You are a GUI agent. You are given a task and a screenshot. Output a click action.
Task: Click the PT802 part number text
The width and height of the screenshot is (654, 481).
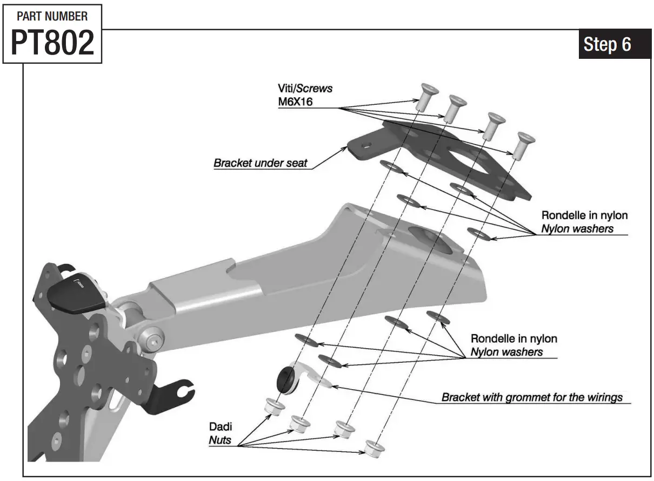point(52,43)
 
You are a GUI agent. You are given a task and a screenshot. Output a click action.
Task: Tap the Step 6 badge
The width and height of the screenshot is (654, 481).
point(607,44)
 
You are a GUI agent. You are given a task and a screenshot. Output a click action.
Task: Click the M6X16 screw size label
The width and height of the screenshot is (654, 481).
point(295,101)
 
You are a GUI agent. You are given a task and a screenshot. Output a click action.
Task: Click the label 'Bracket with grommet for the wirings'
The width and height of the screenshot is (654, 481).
point(532,398)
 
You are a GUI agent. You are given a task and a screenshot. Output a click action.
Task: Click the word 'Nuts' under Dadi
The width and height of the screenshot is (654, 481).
point(220,439)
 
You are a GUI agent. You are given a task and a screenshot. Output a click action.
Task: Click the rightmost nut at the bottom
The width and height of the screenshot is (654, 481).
point(372,448)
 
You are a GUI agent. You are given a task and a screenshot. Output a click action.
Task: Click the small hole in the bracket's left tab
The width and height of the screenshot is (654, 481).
point(366,145)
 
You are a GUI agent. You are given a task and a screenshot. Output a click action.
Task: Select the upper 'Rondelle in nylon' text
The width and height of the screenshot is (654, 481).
point(584,215)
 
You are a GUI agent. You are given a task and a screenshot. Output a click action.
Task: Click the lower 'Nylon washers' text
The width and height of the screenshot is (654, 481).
point(506,352)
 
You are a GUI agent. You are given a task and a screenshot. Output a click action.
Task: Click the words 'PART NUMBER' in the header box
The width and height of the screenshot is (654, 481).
point(52,16)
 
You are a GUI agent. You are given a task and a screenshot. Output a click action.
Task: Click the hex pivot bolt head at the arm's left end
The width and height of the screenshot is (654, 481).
point(154,340)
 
